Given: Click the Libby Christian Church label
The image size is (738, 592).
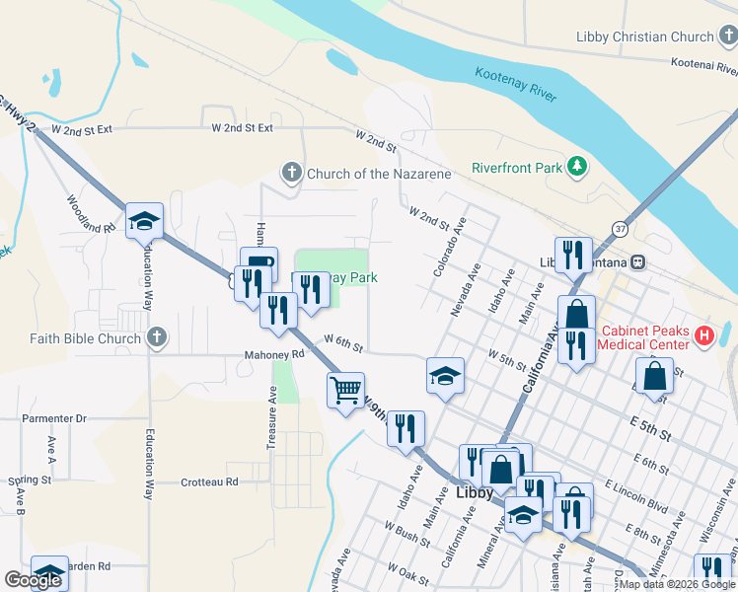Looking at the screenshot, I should point(644,37).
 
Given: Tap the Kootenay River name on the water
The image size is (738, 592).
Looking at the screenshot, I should point(516,85).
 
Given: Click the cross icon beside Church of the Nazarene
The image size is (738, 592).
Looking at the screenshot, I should point(291,174).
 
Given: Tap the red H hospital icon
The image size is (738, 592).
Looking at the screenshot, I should point(704,336).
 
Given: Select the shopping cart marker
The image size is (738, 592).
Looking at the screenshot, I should point(345,391).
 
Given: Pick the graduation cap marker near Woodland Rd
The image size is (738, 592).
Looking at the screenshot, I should point(144,221).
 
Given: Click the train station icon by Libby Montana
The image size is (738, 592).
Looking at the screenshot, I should point(639,262).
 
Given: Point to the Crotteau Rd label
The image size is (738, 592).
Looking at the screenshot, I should point(209,482).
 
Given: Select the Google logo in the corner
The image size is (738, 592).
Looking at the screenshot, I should point(33,581).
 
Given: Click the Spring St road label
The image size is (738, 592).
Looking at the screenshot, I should point(30,481).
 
